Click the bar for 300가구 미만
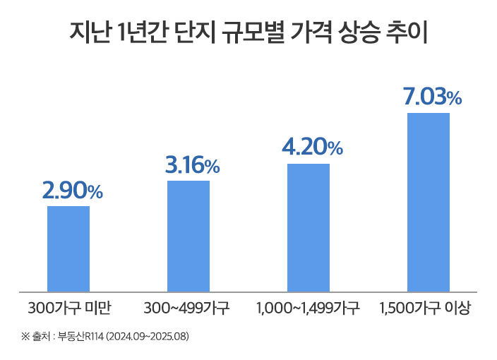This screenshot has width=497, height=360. point(68,248)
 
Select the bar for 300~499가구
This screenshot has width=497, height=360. point(188,235)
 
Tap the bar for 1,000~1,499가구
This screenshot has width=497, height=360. point(309,227)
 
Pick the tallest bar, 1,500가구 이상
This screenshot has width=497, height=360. point(429,201)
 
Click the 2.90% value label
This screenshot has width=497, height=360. point(72,191)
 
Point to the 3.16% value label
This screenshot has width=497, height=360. point(192,166)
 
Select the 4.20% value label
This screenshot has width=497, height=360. point(312,148)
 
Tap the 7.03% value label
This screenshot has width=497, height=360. point(432,97)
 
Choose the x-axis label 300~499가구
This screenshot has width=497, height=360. point(188,308)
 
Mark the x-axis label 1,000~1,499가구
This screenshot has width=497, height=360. point(309,308)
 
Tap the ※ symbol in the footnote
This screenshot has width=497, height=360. point(25,335)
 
